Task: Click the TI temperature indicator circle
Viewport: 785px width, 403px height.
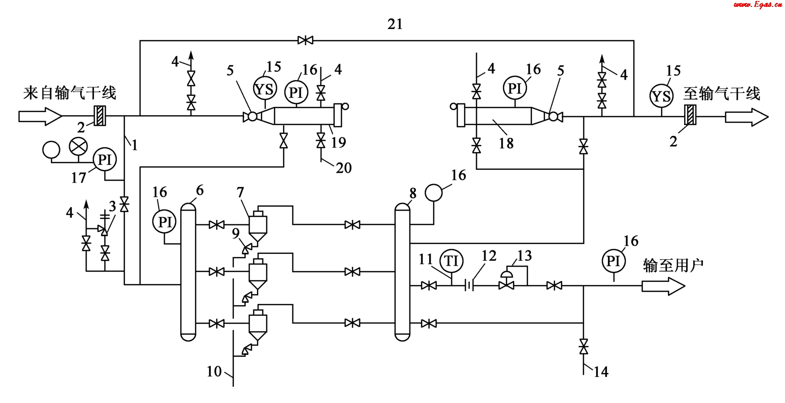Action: click(x=451, y=261)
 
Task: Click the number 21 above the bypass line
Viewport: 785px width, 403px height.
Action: click(x=395, y=24)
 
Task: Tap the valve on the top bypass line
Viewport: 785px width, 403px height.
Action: click(x=305, y=40)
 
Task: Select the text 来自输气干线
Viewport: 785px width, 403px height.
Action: click(x=69, y=93)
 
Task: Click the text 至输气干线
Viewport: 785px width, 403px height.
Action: click(x=721, y=93)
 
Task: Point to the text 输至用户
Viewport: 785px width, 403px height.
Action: click(x=673, y=266)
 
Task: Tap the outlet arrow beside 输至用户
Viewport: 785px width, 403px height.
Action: click(x=663, y=286)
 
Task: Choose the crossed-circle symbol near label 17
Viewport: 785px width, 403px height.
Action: click(x=78, y=146)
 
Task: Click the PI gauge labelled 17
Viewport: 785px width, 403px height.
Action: click(x=105, y=160)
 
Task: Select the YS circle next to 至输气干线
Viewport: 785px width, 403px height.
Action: click(x=661, y=96)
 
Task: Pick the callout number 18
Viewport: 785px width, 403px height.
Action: click(x=506, y=143)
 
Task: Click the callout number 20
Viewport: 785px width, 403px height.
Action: click(x=344, y=168)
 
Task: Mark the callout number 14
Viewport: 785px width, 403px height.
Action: click(x=601, y=372)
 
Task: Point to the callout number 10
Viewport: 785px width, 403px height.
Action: click(x=214, y=372)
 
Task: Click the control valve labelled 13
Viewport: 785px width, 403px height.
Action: click(x=506, y=283)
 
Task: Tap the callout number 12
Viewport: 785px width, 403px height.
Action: click(x=489, y=256)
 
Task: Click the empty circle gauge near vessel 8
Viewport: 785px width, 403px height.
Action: click(x=434, y=192)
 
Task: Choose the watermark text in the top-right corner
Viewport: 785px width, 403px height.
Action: click(x=757, y=5)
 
